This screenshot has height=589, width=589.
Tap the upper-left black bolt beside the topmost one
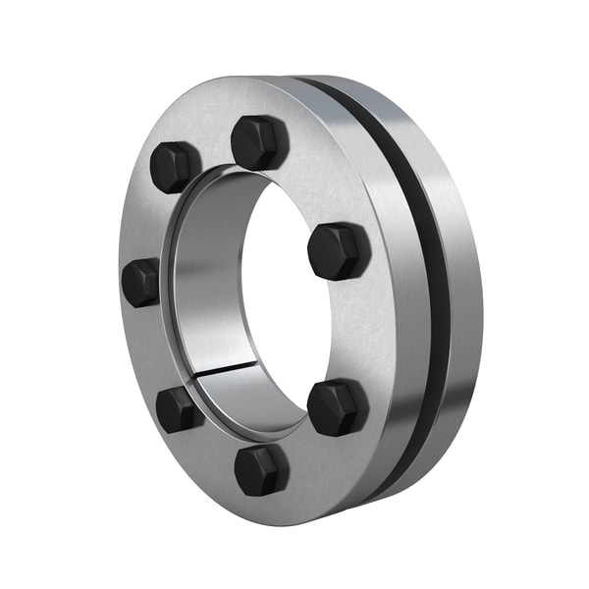coord(176,167)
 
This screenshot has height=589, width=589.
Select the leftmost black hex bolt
coord(141,283)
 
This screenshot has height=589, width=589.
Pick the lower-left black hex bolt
coord(179,409)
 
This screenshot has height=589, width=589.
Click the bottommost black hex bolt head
coord(261,469)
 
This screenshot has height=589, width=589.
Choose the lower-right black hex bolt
coord(338,406)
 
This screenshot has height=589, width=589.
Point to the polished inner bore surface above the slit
coord(201,294)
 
